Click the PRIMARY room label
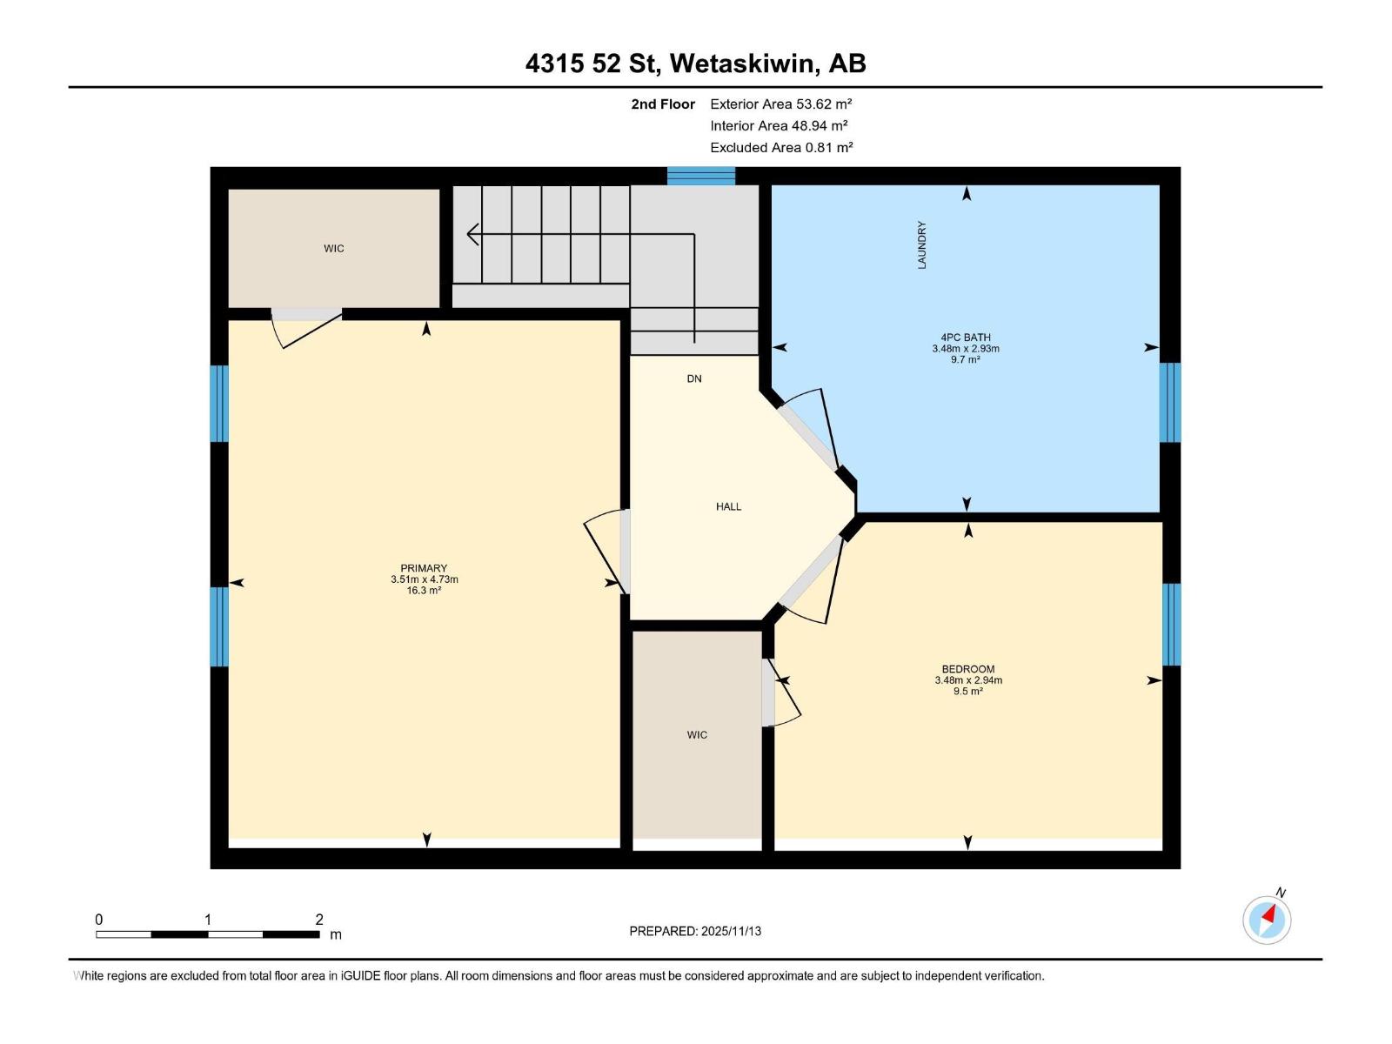[424, 568]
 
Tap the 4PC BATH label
[965, 338]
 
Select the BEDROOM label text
[967, 669]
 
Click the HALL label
[728, 506]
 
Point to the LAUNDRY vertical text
[921, 244]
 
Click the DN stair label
[693, 378]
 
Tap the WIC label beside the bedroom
[696, 735]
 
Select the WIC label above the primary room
[333, 249]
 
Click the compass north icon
[1267, 919]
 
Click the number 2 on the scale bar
[319, 920]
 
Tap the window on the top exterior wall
[701, 177]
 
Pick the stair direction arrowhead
[472, 234]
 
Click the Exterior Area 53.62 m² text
[780, 104]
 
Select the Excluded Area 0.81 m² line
[780, 147]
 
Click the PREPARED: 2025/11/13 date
[695, 931]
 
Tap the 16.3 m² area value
[424, 591]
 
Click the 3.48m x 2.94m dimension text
[967, 680]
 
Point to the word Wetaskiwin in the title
[744, 64]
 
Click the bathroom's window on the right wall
[1170, 403]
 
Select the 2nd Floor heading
[663, 104]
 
